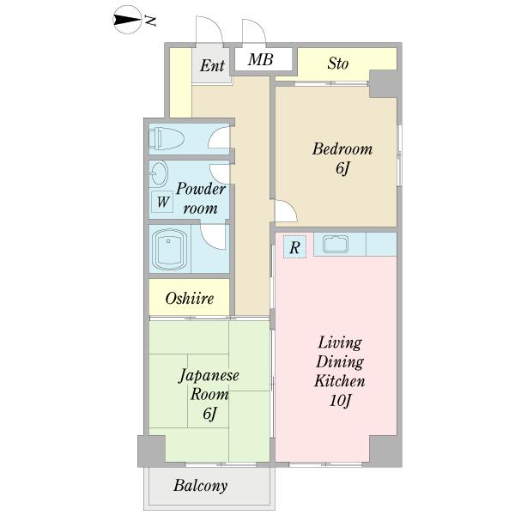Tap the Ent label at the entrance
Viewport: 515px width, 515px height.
tap(212, 65)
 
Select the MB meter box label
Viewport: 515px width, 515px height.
tap(260, 59)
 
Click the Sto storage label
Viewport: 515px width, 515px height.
tap(338, 63)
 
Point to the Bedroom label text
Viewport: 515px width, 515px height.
tap(342, 148)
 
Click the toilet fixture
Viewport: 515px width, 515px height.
tap(166, 138)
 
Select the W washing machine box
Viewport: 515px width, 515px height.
tap(162, 202)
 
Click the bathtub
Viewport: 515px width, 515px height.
tap(169, 249)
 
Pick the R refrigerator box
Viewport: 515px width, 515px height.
tap(294, 247)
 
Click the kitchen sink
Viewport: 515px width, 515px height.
tap(336, 245)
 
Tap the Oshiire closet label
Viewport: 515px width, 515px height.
tap(190, 298)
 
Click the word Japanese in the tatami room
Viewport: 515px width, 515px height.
tap(209, 375)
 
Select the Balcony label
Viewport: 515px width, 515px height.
tap(200, 486)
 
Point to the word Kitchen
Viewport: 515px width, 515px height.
tap(340, 381)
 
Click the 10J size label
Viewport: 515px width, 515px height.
tap(340, 401)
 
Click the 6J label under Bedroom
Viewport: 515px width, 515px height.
tap(342, 168)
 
